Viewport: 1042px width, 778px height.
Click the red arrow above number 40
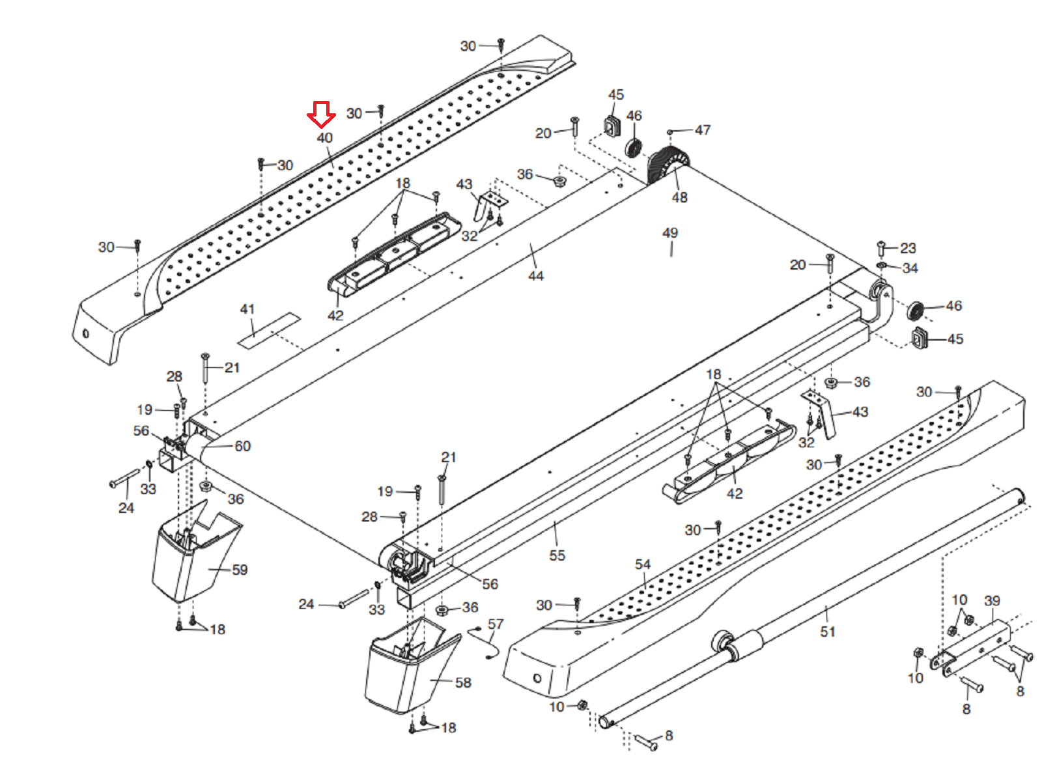coord(321,115)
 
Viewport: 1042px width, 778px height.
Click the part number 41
coord(247,309)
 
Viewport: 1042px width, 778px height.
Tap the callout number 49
coord(670,233)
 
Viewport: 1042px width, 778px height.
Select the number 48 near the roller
coord(679,197)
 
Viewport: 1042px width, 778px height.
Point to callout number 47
coord(703,130)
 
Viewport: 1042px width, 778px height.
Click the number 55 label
coord(557,555)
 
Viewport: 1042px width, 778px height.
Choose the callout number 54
coord(643,564)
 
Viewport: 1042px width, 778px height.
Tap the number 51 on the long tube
coord(828,632)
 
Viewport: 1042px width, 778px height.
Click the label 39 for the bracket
coord(992,600)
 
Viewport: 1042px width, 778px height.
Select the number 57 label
coord(496,624)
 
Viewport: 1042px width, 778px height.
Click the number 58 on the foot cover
coord(463,683)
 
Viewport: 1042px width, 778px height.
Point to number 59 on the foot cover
coord(240,570)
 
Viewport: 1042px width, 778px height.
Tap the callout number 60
coord(242,446)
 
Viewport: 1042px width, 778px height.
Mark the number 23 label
coord(908,248)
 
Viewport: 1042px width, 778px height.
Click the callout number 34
coord(910,268)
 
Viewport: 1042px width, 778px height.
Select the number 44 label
coord(536,276)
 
